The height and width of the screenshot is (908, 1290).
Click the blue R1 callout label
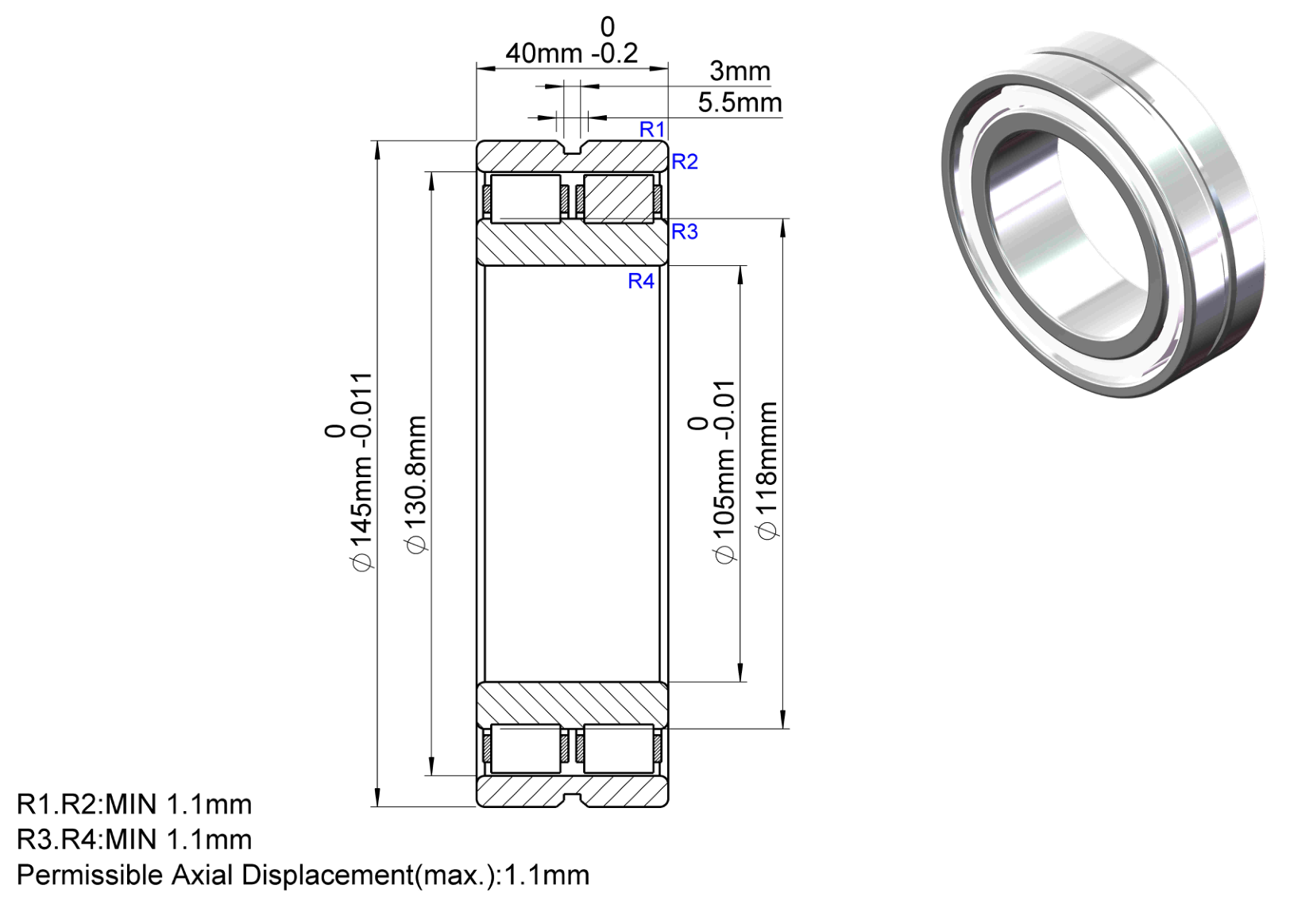click(x=652, y=129)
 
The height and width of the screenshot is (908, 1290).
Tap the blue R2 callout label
click(x=685, y=162)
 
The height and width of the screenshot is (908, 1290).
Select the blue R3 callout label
click(x=685, y=231)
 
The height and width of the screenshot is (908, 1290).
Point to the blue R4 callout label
click(x=641, y=281)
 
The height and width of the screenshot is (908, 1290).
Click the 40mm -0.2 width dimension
click(x=572, y=41)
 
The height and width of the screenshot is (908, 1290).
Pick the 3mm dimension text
click(x=740, y=71)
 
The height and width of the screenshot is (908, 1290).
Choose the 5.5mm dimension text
click(x=740, y=103)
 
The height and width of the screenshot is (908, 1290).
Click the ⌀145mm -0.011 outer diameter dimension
click(x=350, y=471)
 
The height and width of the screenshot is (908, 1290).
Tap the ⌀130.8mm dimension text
click(x=415, y=484)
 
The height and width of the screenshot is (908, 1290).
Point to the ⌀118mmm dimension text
click(x=767, y=471)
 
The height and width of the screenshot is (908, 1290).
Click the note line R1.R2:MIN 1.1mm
click(x=134, y=805)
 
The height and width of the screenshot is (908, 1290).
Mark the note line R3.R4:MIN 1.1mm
click(x=134, y=840)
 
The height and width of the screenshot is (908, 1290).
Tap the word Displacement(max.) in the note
click(x=369, y=875)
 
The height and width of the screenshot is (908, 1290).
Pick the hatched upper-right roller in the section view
click(x=619, y=198)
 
